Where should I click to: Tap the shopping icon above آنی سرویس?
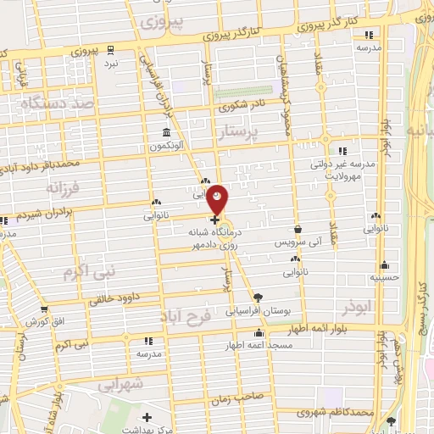[298, 229]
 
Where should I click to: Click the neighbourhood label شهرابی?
[115, 383]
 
